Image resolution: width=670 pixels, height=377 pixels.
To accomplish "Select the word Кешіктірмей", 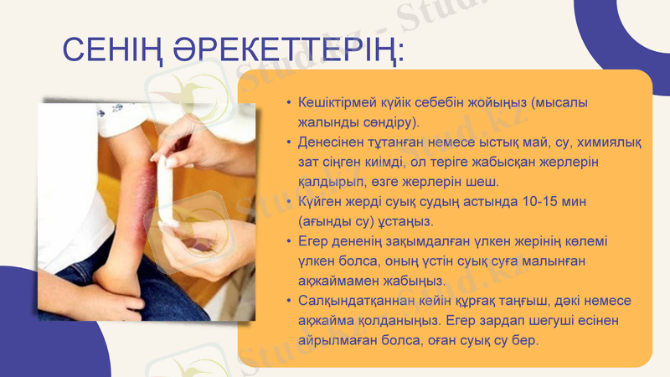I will (x=339, y=102).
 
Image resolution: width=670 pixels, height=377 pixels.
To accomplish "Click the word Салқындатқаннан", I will (x=358, y=301).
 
